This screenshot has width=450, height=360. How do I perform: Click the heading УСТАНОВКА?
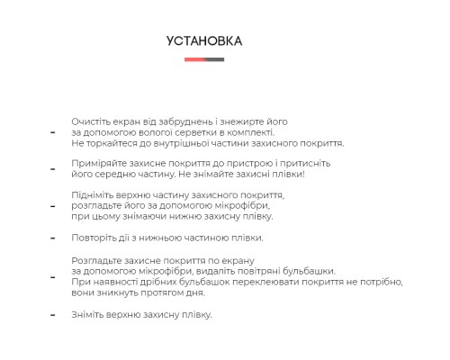204,41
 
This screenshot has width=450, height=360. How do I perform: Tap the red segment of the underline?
194,59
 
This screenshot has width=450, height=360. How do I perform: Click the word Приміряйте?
97,164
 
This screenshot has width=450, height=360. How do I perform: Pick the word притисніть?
282,164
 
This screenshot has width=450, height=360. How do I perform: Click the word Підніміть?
93,195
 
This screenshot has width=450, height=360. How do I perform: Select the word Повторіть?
94,238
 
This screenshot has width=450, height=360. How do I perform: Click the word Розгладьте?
96,260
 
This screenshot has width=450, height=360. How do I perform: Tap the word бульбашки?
310,271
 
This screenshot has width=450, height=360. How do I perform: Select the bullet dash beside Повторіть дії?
53,239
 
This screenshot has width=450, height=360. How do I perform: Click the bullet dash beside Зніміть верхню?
53,315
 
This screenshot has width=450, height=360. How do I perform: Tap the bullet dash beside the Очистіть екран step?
53,132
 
